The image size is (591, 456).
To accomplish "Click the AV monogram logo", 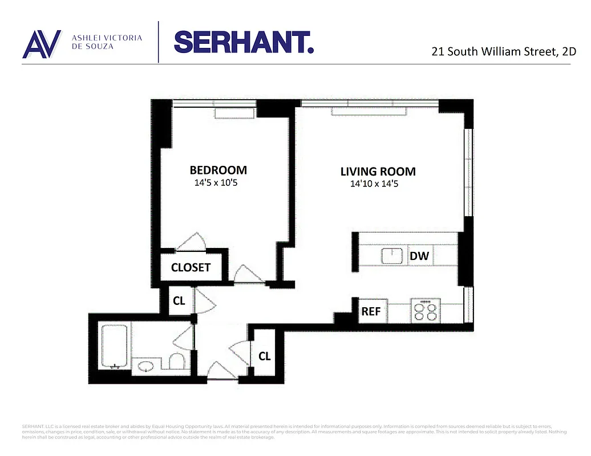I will click(x=42, y=43).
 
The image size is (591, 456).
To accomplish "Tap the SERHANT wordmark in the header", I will click(x=244, y=42).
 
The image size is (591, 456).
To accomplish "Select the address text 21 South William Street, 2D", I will click(x=504, y=51).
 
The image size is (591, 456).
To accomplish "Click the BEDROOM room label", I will click(x=218, y=170).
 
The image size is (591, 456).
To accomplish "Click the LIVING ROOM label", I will click(x=378, y=171).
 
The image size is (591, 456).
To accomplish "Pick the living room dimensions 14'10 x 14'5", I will click(x=378, y=184).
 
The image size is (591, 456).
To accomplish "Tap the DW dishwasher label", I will click(x=419, y=256).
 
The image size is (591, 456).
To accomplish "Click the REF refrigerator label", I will click(x=371, y=312).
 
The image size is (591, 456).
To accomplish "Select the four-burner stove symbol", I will click(x=424, y=311).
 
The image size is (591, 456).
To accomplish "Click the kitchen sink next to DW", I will click(x=393, y=256).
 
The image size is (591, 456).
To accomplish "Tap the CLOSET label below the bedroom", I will click(x=191, y=267).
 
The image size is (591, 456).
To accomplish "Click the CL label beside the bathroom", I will click(x=179, y=301).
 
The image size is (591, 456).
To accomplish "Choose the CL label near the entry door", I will click(x=264, y=356).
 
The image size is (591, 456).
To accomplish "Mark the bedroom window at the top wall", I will click(x=214, y=105).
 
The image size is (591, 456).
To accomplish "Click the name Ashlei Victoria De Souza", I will click(x=106, y=42).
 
